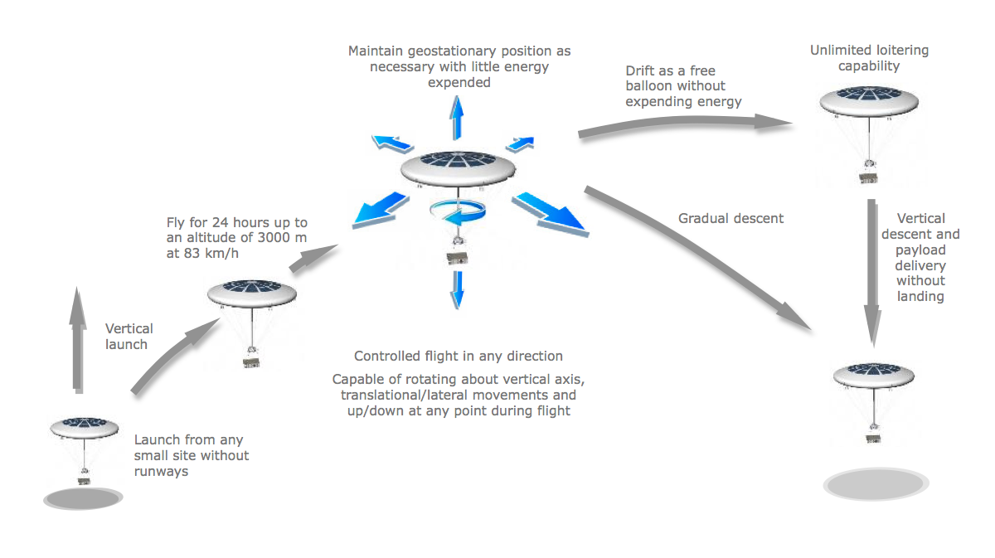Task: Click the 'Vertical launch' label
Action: coord(129,337)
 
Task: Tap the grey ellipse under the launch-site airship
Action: coord(83,498)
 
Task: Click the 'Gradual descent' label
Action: coord(730,219)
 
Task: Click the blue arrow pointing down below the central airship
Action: coord(456,288)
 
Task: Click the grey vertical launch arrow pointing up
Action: coord(77,340)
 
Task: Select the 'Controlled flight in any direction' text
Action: coord(459,357)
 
